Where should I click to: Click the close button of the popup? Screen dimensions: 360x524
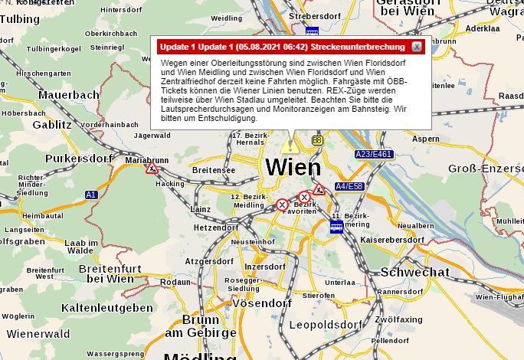416,47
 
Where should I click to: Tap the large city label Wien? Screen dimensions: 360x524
293,167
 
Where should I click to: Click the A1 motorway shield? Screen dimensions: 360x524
91,195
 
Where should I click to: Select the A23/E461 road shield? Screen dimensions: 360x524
374,154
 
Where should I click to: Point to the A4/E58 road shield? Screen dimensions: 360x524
349,186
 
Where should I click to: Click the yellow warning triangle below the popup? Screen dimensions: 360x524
289,144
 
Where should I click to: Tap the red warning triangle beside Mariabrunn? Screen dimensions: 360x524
152,169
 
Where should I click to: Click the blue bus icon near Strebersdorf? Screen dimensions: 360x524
312,31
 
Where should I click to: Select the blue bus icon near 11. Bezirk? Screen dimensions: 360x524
336,227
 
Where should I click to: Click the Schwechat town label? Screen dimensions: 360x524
414,272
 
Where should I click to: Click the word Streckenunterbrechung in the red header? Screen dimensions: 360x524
359,47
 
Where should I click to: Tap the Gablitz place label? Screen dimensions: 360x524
52,124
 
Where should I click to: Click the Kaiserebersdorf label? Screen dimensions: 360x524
391,240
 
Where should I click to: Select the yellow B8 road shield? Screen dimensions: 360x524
317,140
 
